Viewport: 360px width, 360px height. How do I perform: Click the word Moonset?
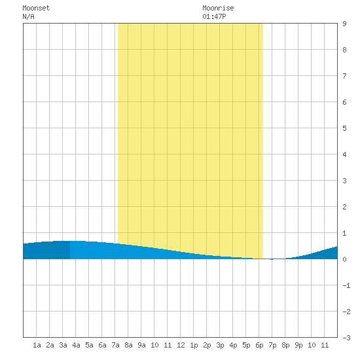36,8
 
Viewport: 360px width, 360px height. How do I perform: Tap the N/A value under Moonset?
28,16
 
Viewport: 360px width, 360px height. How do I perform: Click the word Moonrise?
218,8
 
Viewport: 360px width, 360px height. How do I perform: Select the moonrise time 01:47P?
214,16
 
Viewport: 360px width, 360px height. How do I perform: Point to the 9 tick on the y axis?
344,24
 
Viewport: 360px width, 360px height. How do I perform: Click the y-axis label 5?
344,128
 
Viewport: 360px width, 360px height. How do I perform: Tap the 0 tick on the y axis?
344,259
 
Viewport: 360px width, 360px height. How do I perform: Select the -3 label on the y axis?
346,338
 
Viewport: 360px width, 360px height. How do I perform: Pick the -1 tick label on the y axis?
346,285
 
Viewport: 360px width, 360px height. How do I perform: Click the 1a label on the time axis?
37,345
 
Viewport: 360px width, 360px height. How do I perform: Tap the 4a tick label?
76,345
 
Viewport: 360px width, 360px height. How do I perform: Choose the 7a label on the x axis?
115,345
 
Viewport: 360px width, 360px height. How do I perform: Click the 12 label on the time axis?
181,345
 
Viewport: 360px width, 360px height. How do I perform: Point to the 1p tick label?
194,345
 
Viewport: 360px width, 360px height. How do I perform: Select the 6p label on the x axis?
259,345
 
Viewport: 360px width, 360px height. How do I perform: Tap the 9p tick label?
298,345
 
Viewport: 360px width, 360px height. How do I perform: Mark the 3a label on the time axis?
63,345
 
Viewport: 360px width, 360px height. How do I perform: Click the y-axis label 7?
344,76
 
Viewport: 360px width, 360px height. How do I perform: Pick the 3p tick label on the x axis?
220,345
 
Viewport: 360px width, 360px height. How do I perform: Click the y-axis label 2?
344,207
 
